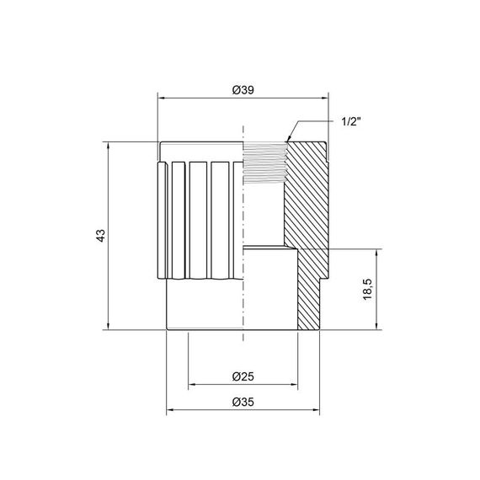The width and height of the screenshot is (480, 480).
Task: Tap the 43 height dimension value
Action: tap(99, 235)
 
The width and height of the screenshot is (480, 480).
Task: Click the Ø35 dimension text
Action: tap(245, 403)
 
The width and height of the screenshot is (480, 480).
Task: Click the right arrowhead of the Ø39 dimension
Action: tap(324, 99)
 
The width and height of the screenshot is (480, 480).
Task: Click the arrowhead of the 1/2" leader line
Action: tap(289, 139)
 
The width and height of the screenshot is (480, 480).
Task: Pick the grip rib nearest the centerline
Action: tap(221, 219)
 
